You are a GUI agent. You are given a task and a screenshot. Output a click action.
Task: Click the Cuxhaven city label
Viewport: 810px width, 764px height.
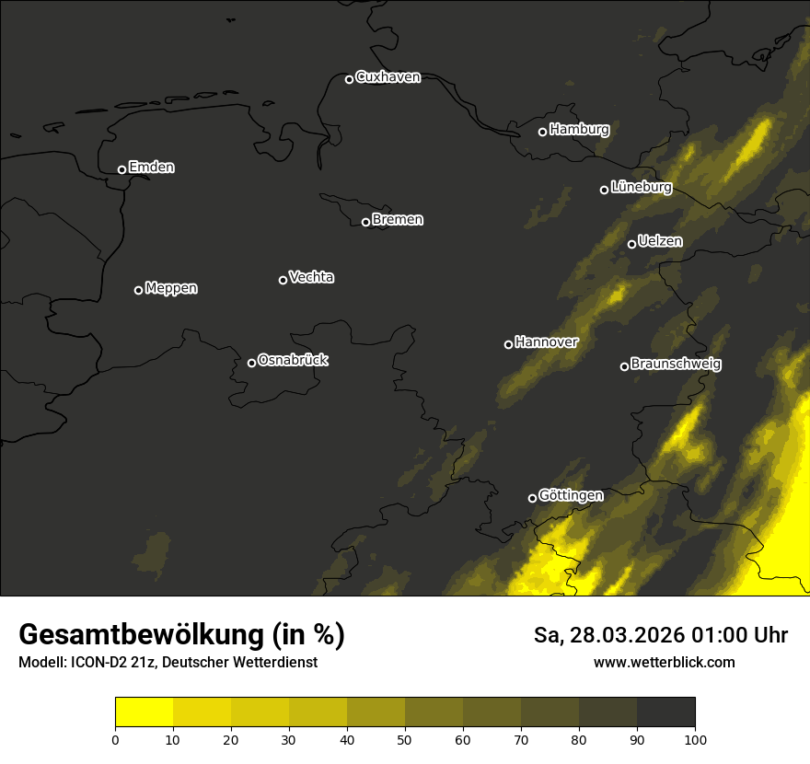pos(388,77)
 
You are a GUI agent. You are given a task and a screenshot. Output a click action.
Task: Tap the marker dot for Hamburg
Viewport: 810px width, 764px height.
pos(542,132)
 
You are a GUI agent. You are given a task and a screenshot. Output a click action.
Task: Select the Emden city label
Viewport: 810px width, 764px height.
pos(151,168)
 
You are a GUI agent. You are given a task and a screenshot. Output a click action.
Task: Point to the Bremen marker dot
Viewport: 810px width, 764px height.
pos(365,222)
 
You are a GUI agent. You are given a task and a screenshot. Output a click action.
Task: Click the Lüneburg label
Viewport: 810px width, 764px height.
pos(641,187)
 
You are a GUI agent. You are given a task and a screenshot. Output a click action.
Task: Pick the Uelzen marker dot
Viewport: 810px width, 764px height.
pos(631,244)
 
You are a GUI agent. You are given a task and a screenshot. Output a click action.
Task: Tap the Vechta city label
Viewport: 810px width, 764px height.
pos(311,277)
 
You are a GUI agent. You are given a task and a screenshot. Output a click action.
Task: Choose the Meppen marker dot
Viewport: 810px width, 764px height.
pos(138,290)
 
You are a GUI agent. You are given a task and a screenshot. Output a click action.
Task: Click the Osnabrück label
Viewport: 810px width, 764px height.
pos(293,360)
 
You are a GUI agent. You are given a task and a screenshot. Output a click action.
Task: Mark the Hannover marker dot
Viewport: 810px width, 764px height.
pos(508,344)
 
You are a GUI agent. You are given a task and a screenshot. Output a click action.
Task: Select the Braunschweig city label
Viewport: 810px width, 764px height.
pos(676,364)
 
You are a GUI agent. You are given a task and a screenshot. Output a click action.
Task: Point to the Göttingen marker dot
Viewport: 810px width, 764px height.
pos(532,498)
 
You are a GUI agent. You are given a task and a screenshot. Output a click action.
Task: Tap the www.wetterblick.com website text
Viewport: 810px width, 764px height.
pos(665,662)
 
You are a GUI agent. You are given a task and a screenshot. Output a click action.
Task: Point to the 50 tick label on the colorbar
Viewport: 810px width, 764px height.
pos(405,739)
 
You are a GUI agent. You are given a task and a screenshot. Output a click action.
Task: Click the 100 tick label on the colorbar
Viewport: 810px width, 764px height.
pos(695,739)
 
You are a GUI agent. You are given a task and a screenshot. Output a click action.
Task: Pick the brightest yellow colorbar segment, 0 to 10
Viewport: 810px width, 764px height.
pos(144,712)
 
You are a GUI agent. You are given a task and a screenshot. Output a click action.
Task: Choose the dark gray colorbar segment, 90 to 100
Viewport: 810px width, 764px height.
pos(665,712)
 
